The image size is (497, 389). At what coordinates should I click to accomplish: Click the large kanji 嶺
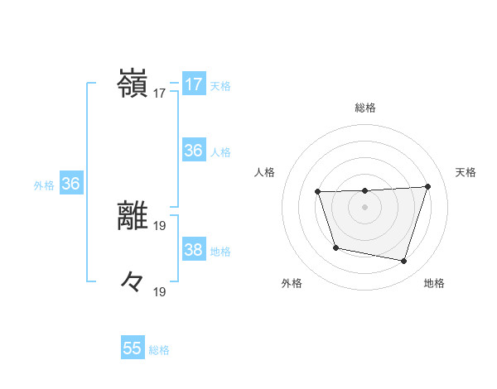(x=133, y=84)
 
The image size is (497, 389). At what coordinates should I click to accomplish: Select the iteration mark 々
(x=133, y=283)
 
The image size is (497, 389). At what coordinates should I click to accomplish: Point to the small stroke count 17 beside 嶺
(x=160, y=94)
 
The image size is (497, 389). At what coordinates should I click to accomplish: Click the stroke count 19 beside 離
(x=160, y=225)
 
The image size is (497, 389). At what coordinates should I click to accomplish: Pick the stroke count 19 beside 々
(x=160, y=291)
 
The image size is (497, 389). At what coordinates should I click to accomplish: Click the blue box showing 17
(x=194, y=84)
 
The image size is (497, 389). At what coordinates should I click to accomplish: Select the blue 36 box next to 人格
(x=194, y=151)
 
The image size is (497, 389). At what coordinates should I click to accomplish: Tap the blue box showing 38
(x=194, y=250)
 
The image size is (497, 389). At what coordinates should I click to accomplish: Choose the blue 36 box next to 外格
(x=70, y=184)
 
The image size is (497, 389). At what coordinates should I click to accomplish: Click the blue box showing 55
(x=133, y=348)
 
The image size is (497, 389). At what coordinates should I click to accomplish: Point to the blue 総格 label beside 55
(x=159, y=350)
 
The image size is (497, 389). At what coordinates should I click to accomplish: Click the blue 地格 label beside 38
(x=220, y=252)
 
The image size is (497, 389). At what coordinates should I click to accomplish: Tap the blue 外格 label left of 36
(x=44, y=185)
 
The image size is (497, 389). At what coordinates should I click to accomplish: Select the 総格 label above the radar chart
(x=364, y=108)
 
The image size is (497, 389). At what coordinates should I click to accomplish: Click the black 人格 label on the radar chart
(x=264, y=172)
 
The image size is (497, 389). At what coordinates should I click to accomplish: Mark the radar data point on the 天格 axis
(x=427, y=186)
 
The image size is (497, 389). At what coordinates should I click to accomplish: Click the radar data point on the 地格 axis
(x=403, y=261)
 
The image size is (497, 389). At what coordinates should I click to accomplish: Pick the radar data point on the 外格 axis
(x=335, y=247)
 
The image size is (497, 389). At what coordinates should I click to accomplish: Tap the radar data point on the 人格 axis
(x=318, y=192)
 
